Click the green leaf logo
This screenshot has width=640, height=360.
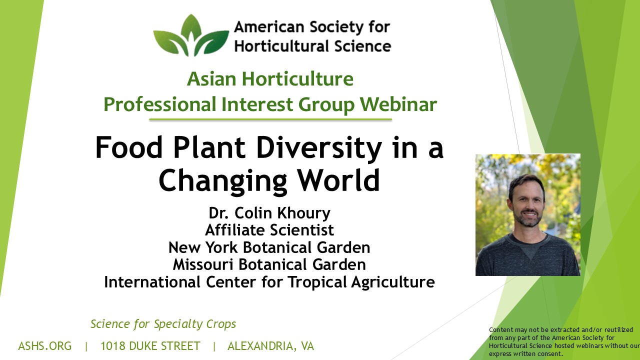191,35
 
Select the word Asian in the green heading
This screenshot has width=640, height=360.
211,79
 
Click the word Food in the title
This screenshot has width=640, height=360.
129,147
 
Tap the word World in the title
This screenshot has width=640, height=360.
338,180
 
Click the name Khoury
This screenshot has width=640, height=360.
304,213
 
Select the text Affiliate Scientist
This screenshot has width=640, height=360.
269,230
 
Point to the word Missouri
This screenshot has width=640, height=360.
203,264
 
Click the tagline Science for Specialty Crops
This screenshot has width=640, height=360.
163,324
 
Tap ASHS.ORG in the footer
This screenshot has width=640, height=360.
45,346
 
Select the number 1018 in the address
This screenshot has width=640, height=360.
112,346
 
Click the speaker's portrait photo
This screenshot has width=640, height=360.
527,215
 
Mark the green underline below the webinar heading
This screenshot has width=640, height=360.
270,119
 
